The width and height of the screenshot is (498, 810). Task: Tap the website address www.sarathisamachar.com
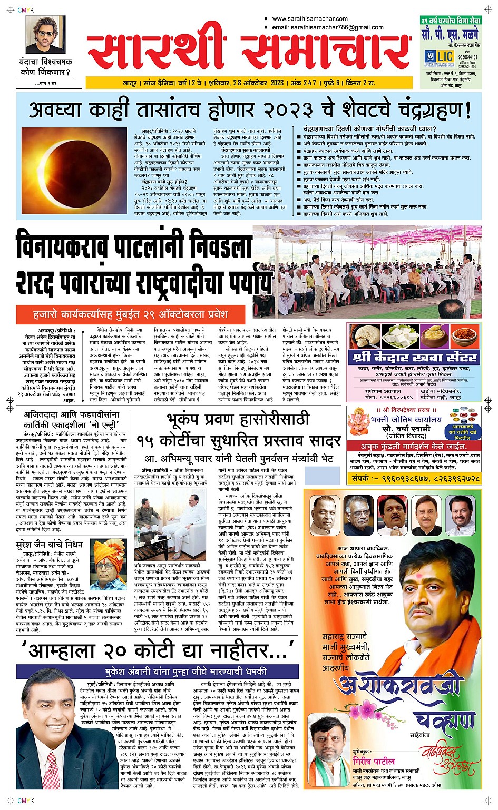tap(310, 19)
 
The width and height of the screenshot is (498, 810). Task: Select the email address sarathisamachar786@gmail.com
tap(328, 27)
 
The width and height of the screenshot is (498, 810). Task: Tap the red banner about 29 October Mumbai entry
tap(130, 314)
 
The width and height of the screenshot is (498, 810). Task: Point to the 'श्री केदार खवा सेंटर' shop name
tap(415, 358)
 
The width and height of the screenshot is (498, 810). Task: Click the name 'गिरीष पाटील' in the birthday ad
tap(373, 762)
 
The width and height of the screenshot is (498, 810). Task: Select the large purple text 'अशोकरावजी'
tap(399, 686)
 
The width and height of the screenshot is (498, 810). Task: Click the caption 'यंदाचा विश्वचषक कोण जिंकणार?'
tap(46, 67)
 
